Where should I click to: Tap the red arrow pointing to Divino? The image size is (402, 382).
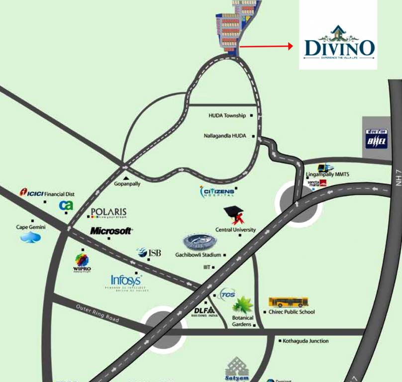[x=267, y=46]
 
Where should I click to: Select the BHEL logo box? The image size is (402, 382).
[x=376, y=139]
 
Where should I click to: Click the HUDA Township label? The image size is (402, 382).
[x=227, y=116]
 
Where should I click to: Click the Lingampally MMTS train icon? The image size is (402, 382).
[x=326, y=168]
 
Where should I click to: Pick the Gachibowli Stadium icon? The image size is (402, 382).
[x=200, y=242]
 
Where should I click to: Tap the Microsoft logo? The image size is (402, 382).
[x=111, y=231]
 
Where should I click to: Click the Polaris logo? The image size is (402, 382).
[x=108, y=213]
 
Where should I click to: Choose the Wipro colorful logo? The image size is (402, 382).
[x=82, y=261]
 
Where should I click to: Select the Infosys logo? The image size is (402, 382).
[x=126, y=281]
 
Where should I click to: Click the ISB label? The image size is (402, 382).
[x=151, y=253]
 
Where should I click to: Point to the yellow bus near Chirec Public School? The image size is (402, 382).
[x=289, y=302]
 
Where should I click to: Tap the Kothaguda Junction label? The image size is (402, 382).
[x=305, y=341]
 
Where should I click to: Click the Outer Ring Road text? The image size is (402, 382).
[x=98, y=313]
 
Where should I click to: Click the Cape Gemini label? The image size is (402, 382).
[x=31, y=227]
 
